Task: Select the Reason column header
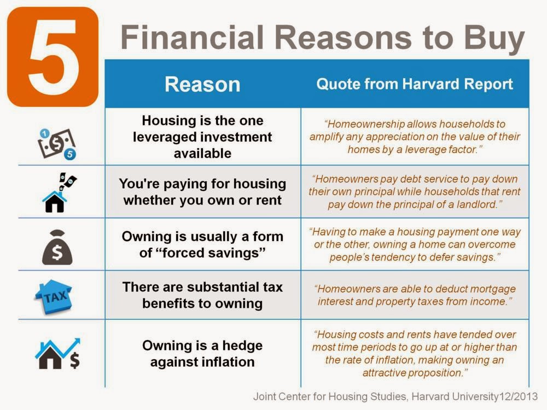(202, 84)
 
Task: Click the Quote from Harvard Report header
(415, 84)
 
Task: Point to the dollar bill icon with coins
(57, 144)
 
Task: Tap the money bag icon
(57, 247)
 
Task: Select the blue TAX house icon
(54, 297)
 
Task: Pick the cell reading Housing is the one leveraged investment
(202, 137)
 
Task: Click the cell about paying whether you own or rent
(202, 192)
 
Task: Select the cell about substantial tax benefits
(202, 295)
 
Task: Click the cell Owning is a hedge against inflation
(202, 354)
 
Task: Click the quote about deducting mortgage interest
(415, 295)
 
